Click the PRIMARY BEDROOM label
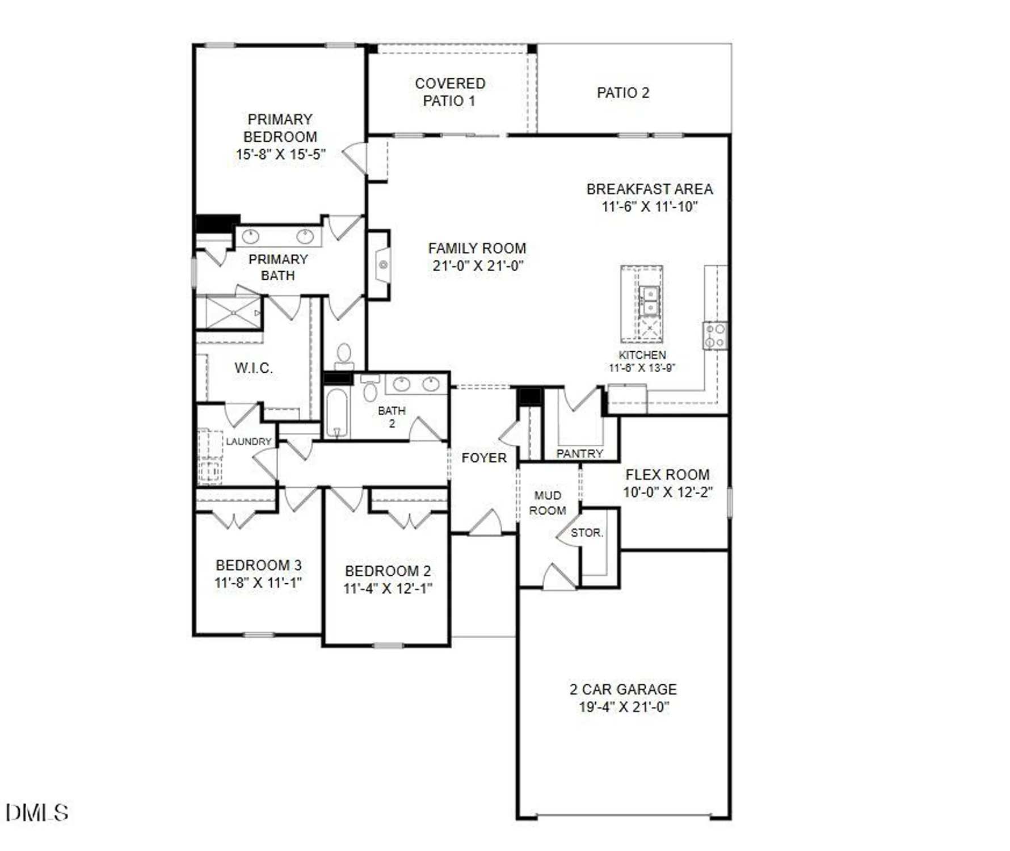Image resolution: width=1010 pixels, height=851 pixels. (x=280, y=128)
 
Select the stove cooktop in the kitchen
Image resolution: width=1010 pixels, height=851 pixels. (x=715, y=335)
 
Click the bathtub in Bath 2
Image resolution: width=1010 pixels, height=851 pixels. (x=336, y=412)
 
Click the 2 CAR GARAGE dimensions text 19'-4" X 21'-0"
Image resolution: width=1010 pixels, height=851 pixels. (x=624, y=707)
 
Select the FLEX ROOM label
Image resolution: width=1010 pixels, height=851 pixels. (x=667, y=474)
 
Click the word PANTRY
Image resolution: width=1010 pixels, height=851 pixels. (x=579, y=453)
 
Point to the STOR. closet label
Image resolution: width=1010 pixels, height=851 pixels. (x=587, y=533)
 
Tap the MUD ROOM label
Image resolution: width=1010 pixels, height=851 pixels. (x=547, y=503)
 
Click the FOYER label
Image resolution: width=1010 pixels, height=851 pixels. (x=483, y=458)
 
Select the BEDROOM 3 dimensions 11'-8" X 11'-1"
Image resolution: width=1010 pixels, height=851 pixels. (x=258, y=583)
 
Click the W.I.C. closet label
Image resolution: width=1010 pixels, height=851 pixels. (x=253, y=368)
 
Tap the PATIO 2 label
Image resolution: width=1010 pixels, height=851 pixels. (x=622, y=92)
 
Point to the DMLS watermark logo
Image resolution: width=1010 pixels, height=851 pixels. (x=37, y=812)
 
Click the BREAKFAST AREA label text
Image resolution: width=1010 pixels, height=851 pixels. (x=649, y=189)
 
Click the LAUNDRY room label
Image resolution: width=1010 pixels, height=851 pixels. (x=248, y=441)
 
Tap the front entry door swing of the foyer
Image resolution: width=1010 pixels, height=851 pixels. (x=486, y=523)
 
